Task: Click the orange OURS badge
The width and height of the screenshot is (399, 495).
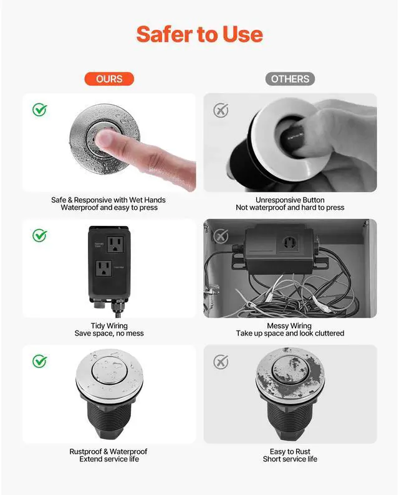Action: (109, 79)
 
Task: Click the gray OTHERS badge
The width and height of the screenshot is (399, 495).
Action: (290, 79)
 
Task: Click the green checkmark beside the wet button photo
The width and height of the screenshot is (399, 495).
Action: (40, 110)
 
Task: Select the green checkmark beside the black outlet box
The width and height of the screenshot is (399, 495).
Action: (40, 235)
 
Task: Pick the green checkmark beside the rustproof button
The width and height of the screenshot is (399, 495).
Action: (40, 361)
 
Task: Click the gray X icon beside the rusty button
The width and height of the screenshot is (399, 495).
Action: (221, 362)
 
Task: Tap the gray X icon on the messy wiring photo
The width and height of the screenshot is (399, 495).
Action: (221, 236)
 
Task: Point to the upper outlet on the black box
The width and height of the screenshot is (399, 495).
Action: (115, 244)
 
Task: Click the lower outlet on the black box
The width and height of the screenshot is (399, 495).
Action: (104, 268)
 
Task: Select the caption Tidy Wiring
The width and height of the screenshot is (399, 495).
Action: (109, 326)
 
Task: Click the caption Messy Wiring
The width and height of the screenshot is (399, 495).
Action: (289, 326)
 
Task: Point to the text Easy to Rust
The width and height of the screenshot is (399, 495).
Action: (290, 451)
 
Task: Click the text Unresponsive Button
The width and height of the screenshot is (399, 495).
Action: (290, 200)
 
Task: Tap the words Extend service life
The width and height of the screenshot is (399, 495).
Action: (109, 459)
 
